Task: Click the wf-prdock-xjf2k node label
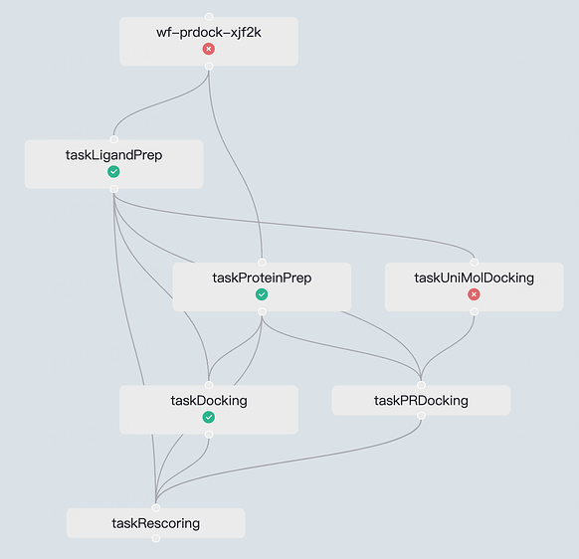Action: [209, 33]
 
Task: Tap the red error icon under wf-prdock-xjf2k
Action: [209, 49]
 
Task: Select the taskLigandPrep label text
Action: [113, 155]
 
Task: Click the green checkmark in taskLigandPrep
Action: [113, 172]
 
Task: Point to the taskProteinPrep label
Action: [262, 279]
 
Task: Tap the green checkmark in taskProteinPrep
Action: [262, 294]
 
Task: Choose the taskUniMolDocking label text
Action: [475, 279]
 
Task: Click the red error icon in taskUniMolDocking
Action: [475, 294]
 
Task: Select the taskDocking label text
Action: [209, 401]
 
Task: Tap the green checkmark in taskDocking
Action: [209, 417]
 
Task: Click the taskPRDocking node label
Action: [421, 401]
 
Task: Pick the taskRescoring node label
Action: [156, 523]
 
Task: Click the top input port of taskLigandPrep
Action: [114, 139]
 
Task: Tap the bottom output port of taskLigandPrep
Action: [114, 189]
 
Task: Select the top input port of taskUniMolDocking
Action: [475, 263]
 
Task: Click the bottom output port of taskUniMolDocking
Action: [475, 311]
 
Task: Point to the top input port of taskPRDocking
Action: [421, 385]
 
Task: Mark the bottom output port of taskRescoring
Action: [156, 538]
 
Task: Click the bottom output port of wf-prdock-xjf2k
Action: [209, 66]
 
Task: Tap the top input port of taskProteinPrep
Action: [262, 263]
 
